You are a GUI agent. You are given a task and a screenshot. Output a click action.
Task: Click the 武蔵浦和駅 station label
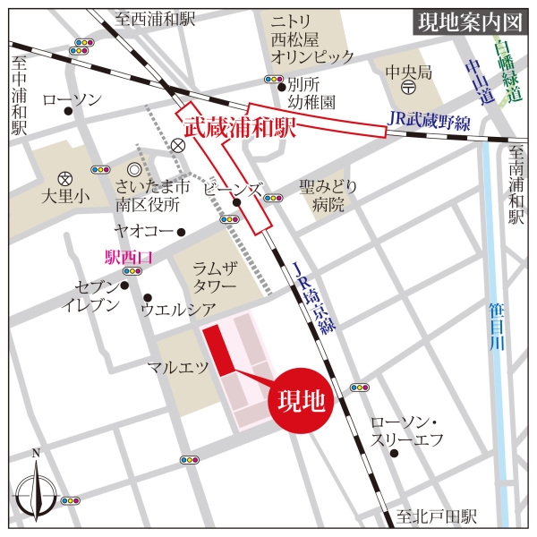[239, 128]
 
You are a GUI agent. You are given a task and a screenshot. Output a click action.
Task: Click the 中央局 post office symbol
[407, 87]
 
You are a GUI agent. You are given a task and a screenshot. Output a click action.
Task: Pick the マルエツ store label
[178, 367]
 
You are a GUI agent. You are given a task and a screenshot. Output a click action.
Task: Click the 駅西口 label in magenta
[130, 258]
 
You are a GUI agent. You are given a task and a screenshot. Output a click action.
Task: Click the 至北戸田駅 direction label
[438, 517]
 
